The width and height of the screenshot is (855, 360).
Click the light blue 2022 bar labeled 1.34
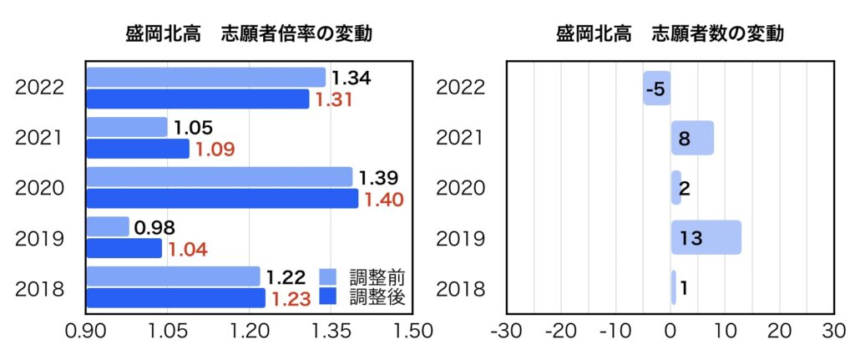205,78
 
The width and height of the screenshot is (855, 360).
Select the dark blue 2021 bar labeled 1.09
138,149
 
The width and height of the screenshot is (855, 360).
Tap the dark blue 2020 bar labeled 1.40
222,199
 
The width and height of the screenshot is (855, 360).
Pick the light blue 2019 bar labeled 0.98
108,226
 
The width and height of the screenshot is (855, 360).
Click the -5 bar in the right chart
656,89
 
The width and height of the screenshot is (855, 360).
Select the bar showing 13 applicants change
706,237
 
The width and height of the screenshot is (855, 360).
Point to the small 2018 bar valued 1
674,287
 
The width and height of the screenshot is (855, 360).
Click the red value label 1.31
334,100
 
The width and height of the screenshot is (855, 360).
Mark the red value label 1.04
188,249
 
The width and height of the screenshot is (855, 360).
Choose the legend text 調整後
377,297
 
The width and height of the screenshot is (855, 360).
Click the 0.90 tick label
87,330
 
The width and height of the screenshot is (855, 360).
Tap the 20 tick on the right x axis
779,330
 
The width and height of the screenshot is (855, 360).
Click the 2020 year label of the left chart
40,188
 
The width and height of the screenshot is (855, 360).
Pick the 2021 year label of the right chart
461,138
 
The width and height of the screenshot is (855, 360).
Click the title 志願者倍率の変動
296,34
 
